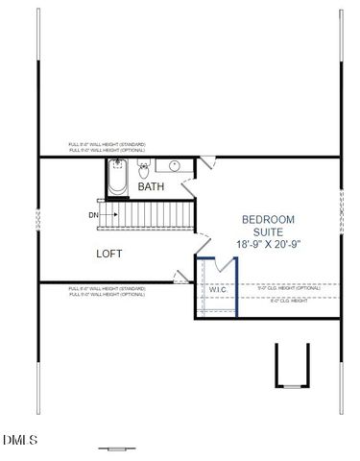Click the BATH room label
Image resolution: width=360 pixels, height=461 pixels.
point(151,187)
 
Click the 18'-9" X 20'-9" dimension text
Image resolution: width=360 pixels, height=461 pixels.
point(269,245)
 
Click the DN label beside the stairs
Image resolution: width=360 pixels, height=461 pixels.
point(92,215)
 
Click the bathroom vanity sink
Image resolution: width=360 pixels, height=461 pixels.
point(170,169)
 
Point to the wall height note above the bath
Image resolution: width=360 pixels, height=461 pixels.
point(107,146)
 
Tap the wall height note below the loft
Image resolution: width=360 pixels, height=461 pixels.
point(107,291)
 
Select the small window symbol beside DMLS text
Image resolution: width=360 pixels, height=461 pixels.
point(117,448)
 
